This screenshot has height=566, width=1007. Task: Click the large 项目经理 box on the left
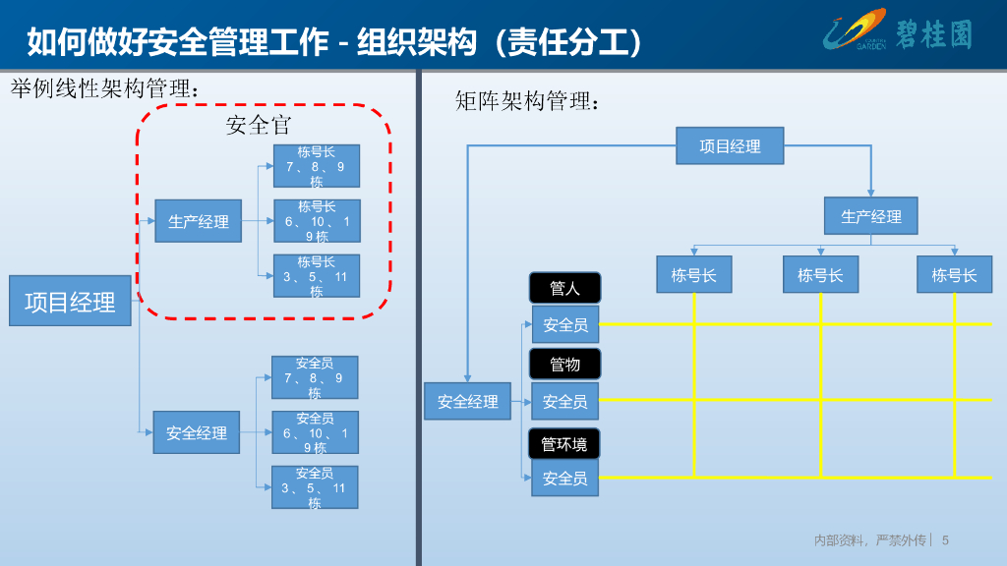(70, 302)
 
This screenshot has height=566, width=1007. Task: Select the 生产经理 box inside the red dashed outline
(198, 221)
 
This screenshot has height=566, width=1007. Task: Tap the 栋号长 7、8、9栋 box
(316, 166)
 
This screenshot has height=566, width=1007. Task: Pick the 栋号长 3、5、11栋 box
(316, 276)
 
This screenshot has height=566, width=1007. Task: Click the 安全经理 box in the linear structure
(197, 432)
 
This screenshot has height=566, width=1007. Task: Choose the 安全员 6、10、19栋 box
(315, 432)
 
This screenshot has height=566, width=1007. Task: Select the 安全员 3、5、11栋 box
(315, 487)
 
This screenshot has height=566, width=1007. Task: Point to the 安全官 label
(259, 125)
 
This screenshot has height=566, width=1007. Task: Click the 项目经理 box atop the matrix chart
(730, 145)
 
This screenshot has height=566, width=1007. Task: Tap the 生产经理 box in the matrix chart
(870, 216)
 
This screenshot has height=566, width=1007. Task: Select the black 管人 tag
(564, 288)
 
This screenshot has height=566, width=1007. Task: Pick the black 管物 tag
(564, 364)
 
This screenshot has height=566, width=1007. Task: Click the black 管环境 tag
(564, 443)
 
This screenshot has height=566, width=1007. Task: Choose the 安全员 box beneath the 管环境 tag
(564, 479)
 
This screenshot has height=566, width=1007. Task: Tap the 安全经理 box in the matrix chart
(468, 401)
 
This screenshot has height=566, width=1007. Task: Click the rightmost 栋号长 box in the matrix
(954, 275)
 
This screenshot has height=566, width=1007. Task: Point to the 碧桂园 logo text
(933, 34)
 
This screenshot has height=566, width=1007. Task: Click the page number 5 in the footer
(945, 539)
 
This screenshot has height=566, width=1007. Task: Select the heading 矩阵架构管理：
(527, 100)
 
